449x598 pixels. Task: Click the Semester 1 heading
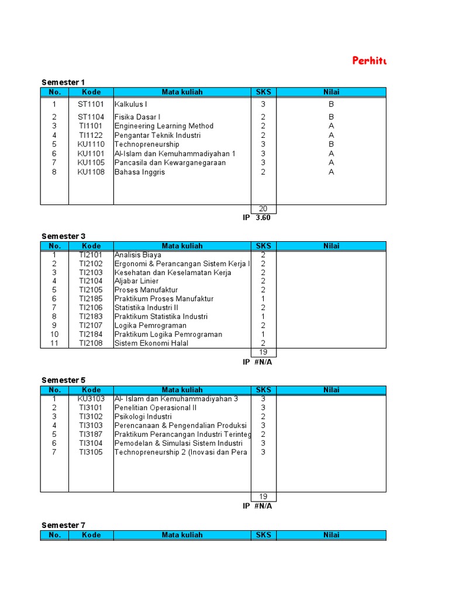click(x=63, y=82)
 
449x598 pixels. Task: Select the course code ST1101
click(x=91, y=105)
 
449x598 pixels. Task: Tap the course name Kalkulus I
click(x=131, y=105)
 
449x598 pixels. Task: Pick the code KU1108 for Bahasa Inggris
click(x=91, y=172)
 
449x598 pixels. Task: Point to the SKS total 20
click(x=263, y=209)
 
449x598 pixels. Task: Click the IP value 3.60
click(x=263, y=218)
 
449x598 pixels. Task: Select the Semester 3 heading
click(x=63, y=236)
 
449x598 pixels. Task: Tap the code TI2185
click(x=91, y=299)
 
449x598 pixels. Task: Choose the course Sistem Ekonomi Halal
click(x=151, y=343)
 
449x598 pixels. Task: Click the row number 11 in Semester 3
click(x=54, y=343)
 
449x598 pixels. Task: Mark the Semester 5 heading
click(x=63, y=380)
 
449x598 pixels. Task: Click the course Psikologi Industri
click(x=143, y=416)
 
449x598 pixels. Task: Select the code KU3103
click(x=91, y=399)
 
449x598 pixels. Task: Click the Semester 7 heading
click(x=63, y=525)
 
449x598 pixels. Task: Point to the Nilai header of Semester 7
click(x=331, y=535)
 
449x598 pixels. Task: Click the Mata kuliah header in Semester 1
click(x=182, y=92)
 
